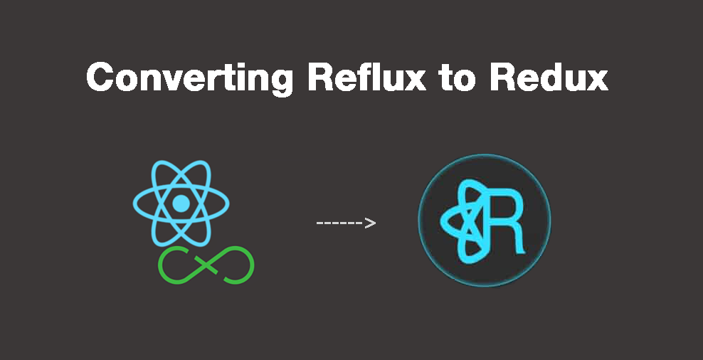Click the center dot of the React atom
pos(181,203)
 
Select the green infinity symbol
pos(206,265)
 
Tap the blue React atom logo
pos(181,203)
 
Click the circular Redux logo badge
pos(484,221)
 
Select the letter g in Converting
pos(279,80)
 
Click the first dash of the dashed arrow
pos(319,223)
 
